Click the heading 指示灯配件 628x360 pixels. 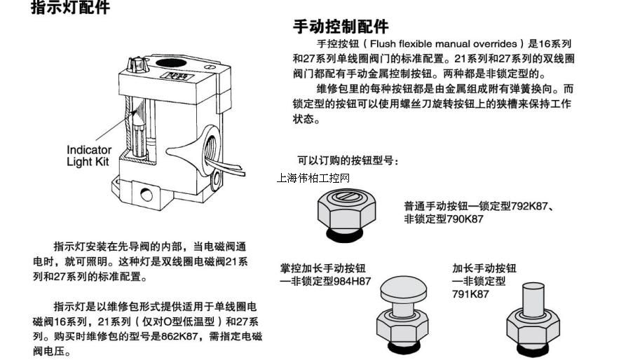(x=71, y=9)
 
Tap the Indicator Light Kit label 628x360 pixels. (x=89, y=155)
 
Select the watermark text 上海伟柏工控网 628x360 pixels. (x=313, y=178)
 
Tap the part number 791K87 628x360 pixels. (x=470, y=294)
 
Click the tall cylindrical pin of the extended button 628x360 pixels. (x=535, y=298)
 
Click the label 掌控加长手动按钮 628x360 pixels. (x=322, y=268)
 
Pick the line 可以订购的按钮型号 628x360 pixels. (x=348, y=160)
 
